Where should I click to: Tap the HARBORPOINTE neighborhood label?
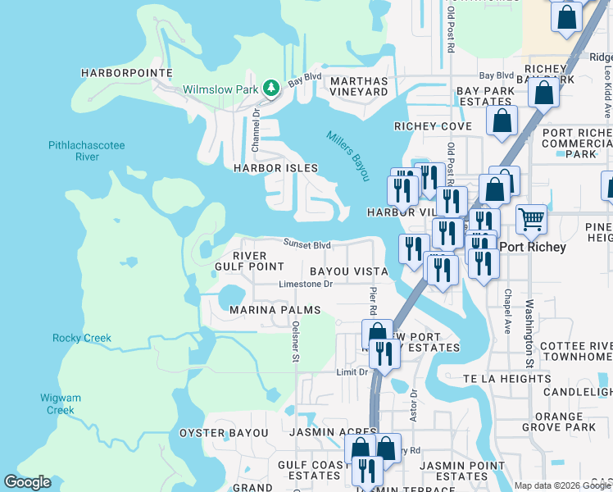(x=127, y=73)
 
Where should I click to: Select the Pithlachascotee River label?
(x=87, y=151)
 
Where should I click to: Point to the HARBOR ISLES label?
(x=275, y=168)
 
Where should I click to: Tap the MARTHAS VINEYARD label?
(x=358, y=86)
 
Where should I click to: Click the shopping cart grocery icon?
(x=532, y=218)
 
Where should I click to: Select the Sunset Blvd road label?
(x=307, y=244)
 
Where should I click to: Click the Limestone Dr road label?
(x=306, y=285)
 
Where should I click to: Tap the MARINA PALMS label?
(x=275, y=310)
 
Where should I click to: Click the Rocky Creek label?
(x=82, y=338)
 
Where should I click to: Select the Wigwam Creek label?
(x=61, y=403)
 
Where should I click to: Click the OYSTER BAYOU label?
(x=224, y=432)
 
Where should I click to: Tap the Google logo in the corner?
(x=27, y=482)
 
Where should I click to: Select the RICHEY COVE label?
(x=433, y=126)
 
